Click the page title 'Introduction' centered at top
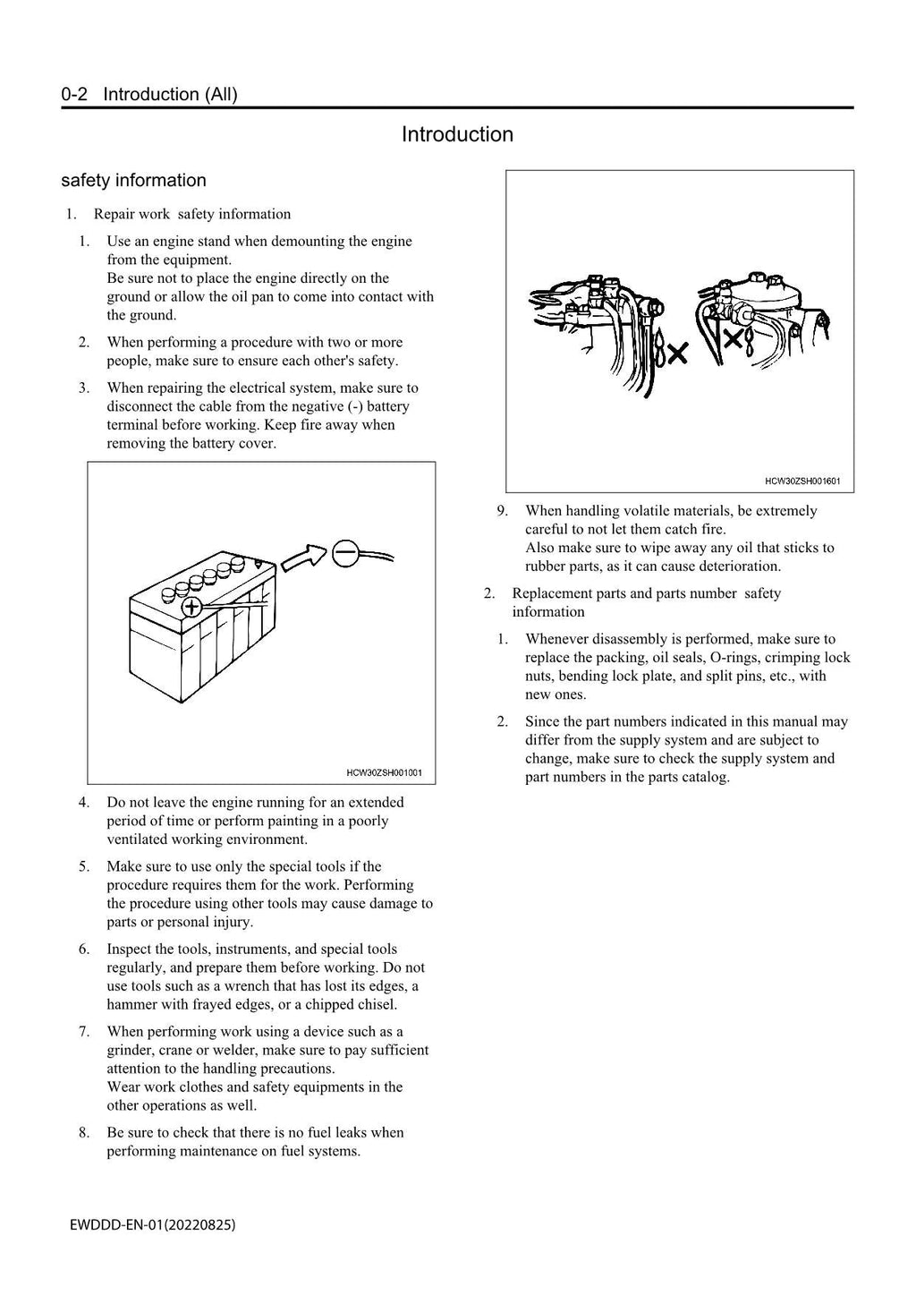(x=457, y=134)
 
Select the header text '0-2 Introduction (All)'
(x=149, y=94)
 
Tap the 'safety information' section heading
(x=133, y=180)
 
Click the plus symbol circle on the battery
(x=191, y=608)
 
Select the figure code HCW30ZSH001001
(x=384, y=772)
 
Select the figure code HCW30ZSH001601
(x=802, y=481)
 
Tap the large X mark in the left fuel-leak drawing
(x=677, y=354)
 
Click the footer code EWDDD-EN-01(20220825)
(x=153, y=1224)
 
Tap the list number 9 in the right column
(x=503, y=511)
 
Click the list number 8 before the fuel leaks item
(x=84, y=1132)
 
